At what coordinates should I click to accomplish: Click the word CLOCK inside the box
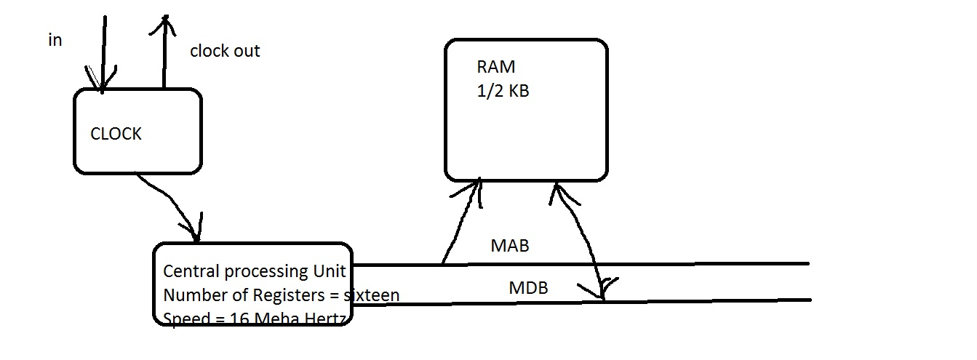pos(116,135)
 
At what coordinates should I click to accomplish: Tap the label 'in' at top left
pos(55,41)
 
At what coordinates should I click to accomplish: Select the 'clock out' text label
pos(225,51)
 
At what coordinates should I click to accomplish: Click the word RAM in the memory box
pos(496,68)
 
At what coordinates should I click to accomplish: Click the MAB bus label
pos(510,246)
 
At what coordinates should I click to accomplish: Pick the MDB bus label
pos(528,289)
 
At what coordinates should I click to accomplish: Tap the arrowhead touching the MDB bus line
pos(602,291)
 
